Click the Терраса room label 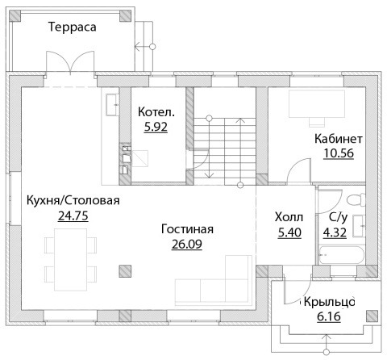73,27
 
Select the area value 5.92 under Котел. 156,127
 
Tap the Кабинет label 339,139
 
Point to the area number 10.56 339,153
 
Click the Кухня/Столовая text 73,201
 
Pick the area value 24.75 73,216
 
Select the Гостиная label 187,229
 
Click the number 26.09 187,245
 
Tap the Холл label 289,217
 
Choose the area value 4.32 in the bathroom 335,232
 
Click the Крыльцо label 329,302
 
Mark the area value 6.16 329,316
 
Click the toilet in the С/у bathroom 356,200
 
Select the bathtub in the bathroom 341,254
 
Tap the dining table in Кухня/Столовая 71,260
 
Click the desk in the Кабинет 317,104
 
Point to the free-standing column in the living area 125,271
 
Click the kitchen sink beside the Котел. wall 112,105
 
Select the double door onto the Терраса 70,63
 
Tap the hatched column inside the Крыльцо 372,316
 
